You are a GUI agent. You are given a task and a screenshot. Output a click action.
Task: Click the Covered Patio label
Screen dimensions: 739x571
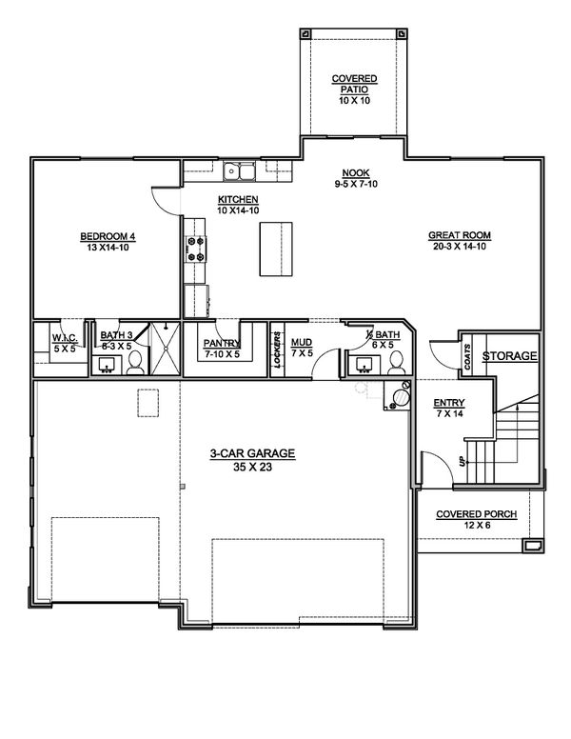355,83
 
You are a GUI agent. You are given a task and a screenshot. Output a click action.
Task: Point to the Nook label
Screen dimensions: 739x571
355,178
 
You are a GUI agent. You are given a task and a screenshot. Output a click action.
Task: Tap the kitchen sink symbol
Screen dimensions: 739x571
239,171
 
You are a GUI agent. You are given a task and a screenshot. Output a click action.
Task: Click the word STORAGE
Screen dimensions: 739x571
509,356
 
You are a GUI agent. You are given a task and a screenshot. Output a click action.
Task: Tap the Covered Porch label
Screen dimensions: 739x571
477,519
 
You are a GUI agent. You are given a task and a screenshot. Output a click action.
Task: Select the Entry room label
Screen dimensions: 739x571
448,409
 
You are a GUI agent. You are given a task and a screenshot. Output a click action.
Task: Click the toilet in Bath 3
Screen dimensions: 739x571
135,362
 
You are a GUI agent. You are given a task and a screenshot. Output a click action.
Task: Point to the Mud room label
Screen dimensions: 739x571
302,347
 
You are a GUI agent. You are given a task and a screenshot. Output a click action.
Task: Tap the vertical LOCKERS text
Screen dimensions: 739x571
277,349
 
